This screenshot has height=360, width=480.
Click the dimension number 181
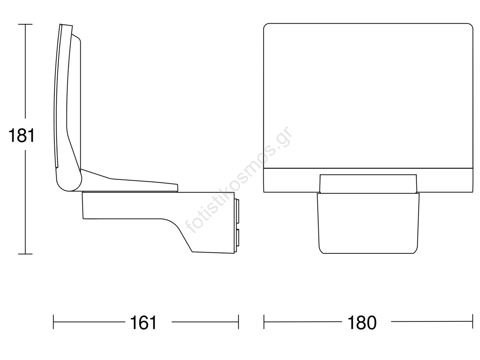[x=21, y=136]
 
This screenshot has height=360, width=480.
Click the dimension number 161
[x=143, y=322]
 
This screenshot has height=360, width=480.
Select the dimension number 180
[x=362, y=322]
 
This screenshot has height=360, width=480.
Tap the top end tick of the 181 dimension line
[x=25, y=24]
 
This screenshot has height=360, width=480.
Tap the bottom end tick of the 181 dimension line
[x=25, y=254]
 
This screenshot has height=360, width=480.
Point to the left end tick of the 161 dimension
[x=53, y=322]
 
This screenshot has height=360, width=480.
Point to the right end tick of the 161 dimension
[x=238, y=322]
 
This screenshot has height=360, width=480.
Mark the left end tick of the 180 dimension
[x=264, y=322]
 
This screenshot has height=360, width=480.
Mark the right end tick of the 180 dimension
[x=472, y=321]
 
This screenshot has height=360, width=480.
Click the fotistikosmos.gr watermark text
[x=239, y=180]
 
